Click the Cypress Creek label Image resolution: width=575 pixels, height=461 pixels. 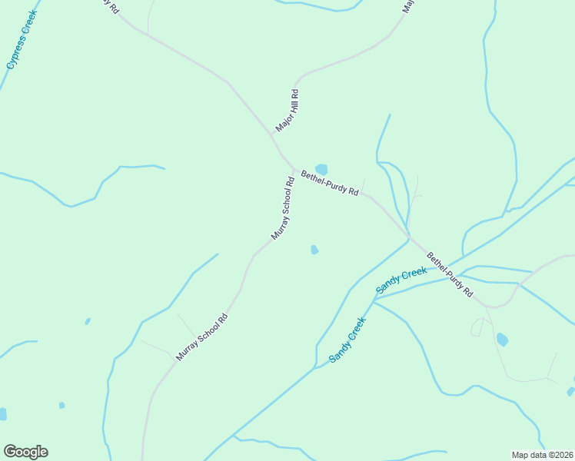(x=22, y=39)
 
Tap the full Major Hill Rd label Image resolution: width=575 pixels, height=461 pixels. (x=287, y=111)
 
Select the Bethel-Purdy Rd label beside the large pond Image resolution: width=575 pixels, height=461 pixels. (x=330, y=183)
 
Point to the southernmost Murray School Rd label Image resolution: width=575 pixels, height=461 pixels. (x=202, y=337)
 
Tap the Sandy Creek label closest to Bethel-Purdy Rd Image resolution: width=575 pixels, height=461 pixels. (x=401, y=280)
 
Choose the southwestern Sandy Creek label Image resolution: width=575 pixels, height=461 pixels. (x=347, y=340)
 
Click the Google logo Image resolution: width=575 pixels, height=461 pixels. (x=25, y=452)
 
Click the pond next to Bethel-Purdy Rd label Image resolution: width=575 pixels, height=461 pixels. (x=321, y=169)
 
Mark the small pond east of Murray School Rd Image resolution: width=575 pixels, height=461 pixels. (x=314, y=249)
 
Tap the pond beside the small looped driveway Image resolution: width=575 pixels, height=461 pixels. (x=502, y=339)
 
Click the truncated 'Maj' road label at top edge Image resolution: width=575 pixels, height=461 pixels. (x=408, y=7)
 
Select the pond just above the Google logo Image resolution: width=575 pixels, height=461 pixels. (x=3, y=414)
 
